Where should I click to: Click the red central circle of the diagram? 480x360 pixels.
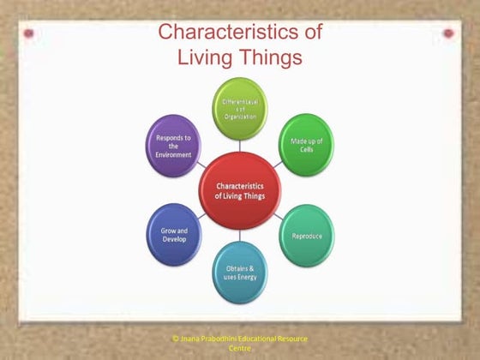pyautogui.click(x=241, y=189)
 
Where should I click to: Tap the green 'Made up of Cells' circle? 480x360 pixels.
pyautogui.click(x=306, y=141)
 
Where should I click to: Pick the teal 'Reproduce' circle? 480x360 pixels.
pyautogui.click(x=306, y=235)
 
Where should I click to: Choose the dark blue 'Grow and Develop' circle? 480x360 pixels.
pyautogui.click(x=176, y=233)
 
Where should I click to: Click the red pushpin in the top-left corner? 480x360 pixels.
pyautogui.click(x=29, y=33)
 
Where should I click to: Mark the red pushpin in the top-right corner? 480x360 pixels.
pyautogui.click(x=448, y=33)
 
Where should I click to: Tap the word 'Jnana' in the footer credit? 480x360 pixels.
pyautogui.click(x=190, y=339)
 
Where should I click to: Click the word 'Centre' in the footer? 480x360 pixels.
pyautogui.click(x=240, y=349)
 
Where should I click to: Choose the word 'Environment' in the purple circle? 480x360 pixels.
pyautogui.click(x=175, y=154)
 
